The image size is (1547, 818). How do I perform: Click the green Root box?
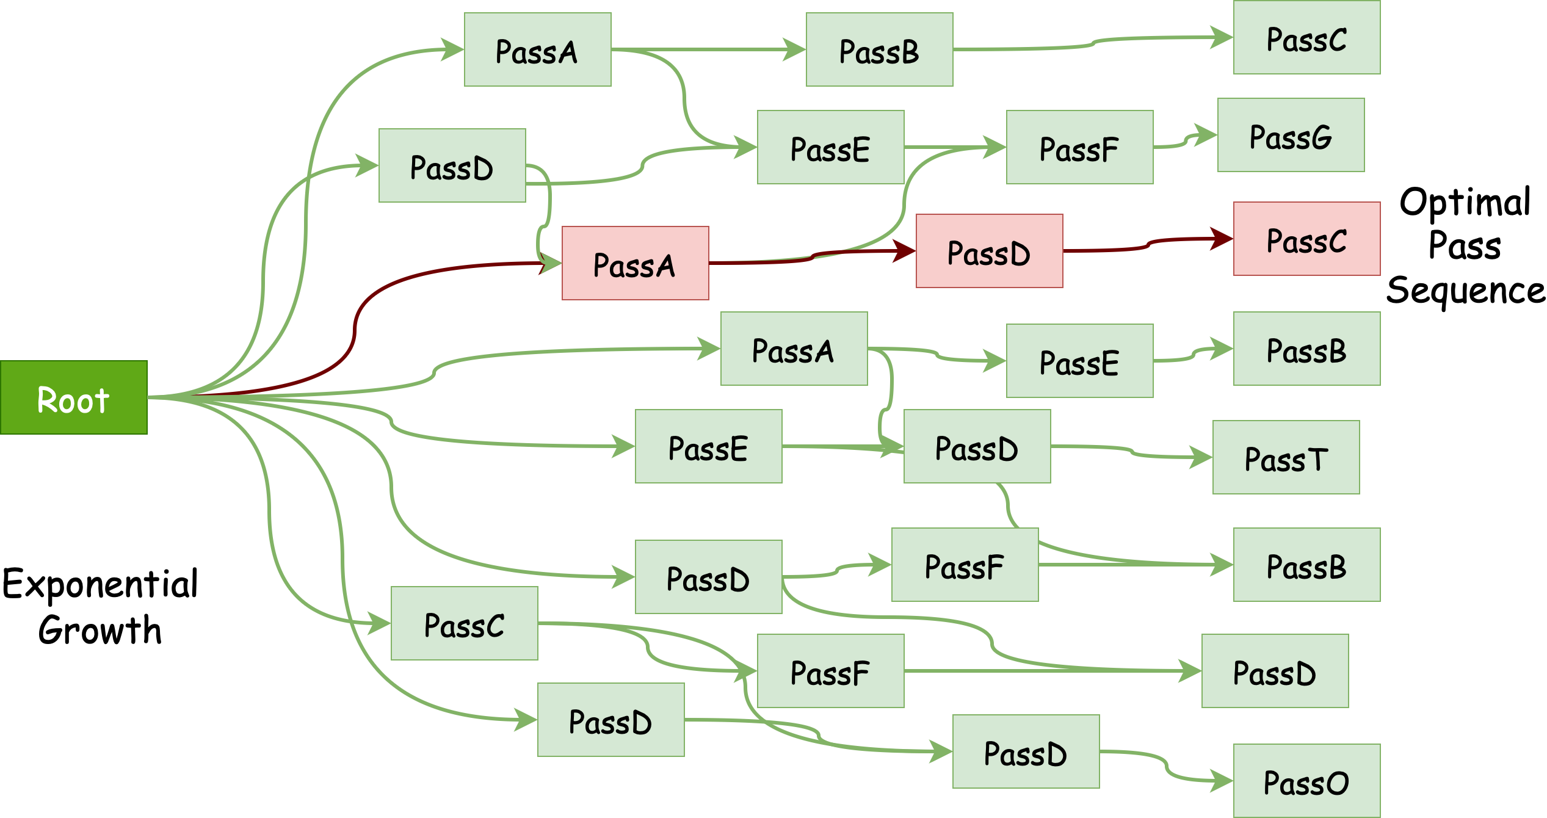(74, 397)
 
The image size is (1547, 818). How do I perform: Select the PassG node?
(1291, 135)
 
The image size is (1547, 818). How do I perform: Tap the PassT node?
(1286, 457)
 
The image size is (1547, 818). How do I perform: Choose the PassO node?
(1306, 781)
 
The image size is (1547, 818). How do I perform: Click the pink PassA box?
(635, 263)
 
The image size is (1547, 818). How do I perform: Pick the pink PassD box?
(989, 251)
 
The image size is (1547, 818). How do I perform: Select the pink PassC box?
(1306, 239)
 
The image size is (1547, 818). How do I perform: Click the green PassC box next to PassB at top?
(1306, 37)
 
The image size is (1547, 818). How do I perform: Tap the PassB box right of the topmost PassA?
(879, 49)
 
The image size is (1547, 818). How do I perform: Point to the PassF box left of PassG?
(1079, 147)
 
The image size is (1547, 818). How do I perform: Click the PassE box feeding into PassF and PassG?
(830, 147)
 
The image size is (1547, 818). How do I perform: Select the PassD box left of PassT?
(977, 446)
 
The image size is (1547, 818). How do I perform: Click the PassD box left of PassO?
(1026, 751)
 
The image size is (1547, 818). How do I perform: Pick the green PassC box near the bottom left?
(464, 623)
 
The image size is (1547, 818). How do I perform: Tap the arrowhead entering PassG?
(1208, 135)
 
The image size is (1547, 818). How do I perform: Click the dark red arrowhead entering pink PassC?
(1223, 239)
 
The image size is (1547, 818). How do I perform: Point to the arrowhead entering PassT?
(1203, 457)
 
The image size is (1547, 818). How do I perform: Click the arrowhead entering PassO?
(1223, 781)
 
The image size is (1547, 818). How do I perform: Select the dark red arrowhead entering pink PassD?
(905, 251)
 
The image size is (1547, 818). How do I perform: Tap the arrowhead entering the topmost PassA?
(454, 49)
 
